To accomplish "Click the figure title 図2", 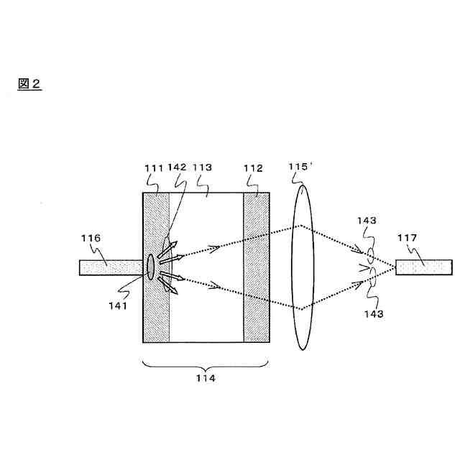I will pos(29,84).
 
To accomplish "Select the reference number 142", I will pos(177,167).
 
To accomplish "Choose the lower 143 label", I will pos(373,314).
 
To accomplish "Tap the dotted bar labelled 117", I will pos(424,267).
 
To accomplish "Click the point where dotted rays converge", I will pos(395,267).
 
